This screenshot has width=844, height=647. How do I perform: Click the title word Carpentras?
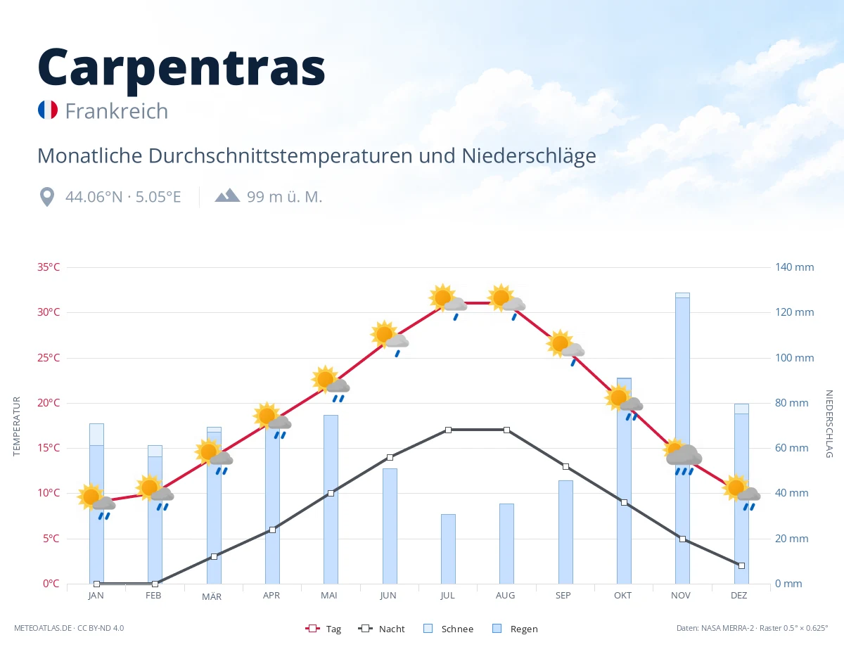pos(181,68)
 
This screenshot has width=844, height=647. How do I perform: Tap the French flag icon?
pos(48,110)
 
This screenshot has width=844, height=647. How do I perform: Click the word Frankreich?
pos(117,111)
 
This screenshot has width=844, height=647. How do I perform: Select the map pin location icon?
pos(47,197)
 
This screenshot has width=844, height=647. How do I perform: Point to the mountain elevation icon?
pos(227,196)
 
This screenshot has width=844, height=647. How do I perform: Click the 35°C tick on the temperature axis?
pos(49,267)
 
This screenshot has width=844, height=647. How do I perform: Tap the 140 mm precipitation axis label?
pos(794,267)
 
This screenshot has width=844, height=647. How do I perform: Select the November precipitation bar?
pos(682,438)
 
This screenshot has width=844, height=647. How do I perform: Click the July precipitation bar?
pos(448,549)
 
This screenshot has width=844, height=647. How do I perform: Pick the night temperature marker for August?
pos(507,430)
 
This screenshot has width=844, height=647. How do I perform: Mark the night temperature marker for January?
pos(97,584)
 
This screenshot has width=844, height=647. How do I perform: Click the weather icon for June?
pos(389,338)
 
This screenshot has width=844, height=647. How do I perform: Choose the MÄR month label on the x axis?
pos(212,596)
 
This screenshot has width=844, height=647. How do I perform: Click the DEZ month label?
pos(738,596)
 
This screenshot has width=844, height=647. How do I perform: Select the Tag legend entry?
pos(323,629)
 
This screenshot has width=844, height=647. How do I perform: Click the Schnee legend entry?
pos(448,629)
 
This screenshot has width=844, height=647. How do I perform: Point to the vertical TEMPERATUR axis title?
pos(16,426)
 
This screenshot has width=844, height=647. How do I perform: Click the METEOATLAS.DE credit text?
pos(43,628)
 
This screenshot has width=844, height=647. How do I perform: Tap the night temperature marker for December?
pos(741,566)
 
